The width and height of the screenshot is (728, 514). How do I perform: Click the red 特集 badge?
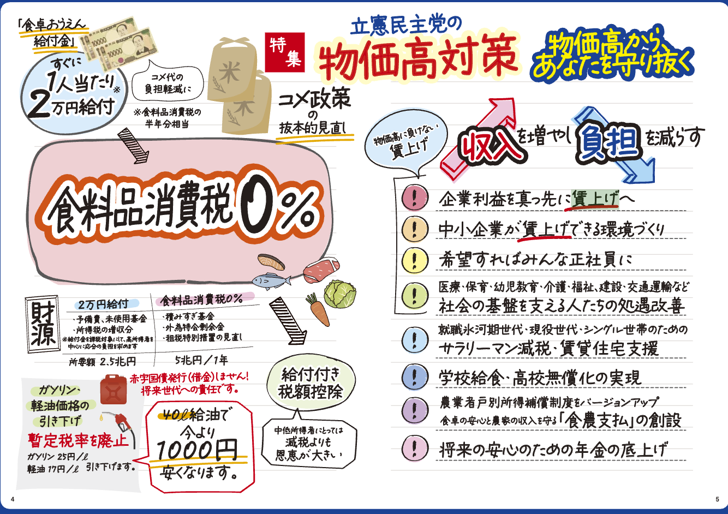coord(285,52)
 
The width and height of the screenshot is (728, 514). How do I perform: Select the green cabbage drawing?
coord(339,294)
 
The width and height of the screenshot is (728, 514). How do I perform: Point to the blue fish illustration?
coord(271,281)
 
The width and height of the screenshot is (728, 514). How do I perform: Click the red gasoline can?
coord(114,390)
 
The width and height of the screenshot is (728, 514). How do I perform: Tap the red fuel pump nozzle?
coord(122,422)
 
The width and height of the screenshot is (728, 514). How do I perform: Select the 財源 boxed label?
coord(43,324)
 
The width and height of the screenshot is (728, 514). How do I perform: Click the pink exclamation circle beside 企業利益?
coord(415,198)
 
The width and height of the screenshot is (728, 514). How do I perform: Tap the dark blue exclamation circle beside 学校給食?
coord(415,377)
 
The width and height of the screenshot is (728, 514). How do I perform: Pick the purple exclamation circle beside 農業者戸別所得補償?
coord(415,411)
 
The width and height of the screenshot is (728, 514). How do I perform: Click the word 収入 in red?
coord(491,145)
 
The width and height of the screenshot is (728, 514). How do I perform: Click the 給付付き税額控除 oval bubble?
coord(311,384)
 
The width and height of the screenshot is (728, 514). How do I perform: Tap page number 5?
coord(717,499)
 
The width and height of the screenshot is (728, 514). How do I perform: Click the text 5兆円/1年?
coord(201,360)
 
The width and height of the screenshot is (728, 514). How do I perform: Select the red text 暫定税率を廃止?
coord(79,440)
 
